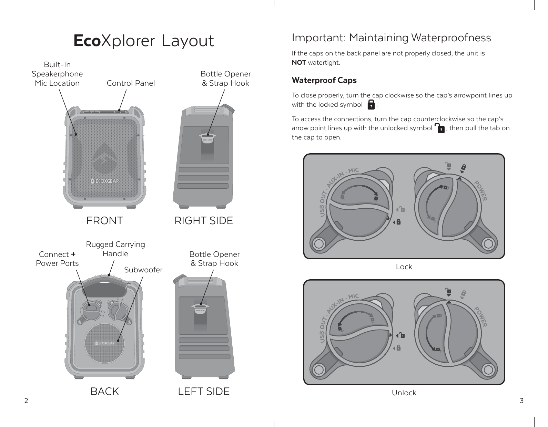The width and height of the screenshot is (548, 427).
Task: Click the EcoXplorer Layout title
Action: click(x=144, y=41)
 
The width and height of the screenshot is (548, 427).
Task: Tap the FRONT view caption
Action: click(x=104, y=220)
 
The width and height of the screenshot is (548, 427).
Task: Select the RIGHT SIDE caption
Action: click(x=204, y=220)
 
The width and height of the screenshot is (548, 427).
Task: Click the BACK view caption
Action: click(x=104, y=392)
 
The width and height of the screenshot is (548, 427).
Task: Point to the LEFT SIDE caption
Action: click(x=204, y=392)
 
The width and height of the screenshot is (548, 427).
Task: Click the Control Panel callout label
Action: click(x=131, y=83)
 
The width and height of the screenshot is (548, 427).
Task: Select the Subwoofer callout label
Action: click(x=143, y=270)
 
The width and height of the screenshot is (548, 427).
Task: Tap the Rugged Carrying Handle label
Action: click(x=115, y=249)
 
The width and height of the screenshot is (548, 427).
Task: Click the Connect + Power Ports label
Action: click(x=57, y=259)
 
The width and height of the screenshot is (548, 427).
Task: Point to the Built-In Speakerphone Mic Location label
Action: click(x=57, y=74)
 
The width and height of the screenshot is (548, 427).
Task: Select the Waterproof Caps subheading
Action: click(x=324, y=80)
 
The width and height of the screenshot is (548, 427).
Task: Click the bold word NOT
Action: click(x=299, y=63)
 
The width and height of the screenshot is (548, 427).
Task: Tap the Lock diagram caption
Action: click(x=404, y=267)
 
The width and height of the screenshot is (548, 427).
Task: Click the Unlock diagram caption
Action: click(x=404, y=393)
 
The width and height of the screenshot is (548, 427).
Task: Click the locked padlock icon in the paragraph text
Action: click(x=371, y=105)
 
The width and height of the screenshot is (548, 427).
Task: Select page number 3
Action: click(x=521, y=400)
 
